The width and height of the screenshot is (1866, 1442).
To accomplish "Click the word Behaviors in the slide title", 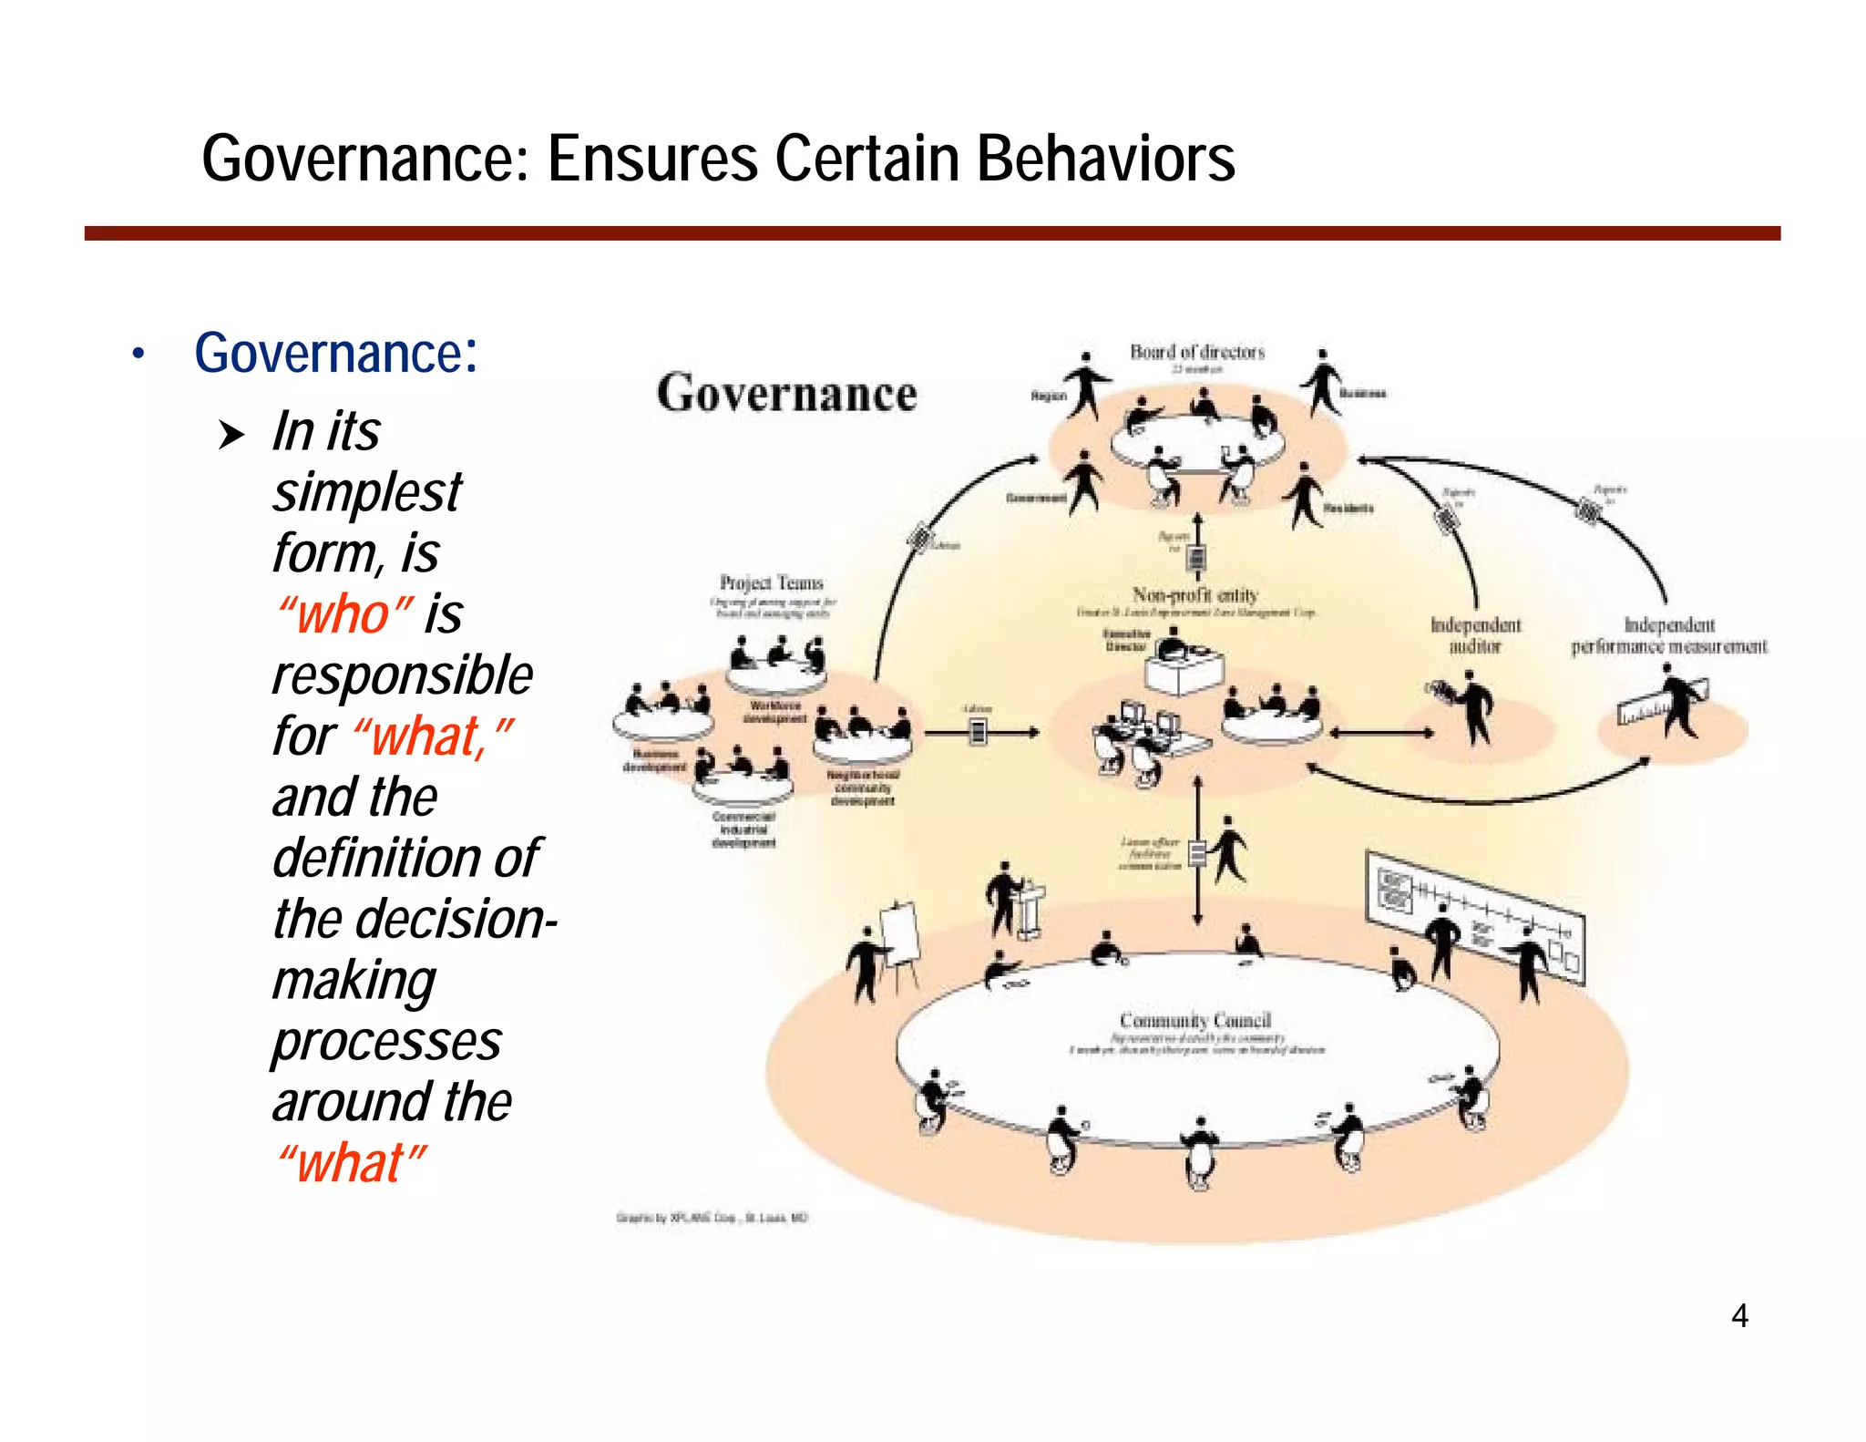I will point(1104,159).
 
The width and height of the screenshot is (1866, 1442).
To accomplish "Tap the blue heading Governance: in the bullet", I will point(335,353).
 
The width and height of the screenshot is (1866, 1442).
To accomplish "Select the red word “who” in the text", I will point(345,613).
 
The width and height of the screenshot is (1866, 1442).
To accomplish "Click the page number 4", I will point(1739,1315).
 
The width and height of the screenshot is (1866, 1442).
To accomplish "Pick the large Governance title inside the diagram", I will point(786,394).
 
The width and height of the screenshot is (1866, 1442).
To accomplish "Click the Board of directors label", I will point(1197,352).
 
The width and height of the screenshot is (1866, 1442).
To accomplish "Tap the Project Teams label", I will point(771,582).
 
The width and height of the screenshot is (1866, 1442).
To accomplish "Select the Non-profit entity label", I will point(1194,595).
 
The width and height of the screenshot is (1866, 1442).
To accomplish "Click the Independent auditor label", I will point(1475,635).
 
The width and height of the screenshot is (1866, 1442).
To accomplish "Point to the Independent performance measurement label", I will point(1668,635).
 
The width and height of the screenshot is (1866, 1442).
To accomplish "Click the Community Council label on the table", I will point(1194,1020).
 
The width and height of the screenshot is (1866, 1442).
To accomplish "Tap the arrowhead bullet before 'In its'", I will point(231,435).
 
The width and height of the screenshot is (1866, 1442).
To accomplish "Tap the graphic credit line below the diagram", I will point(712,1218).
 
